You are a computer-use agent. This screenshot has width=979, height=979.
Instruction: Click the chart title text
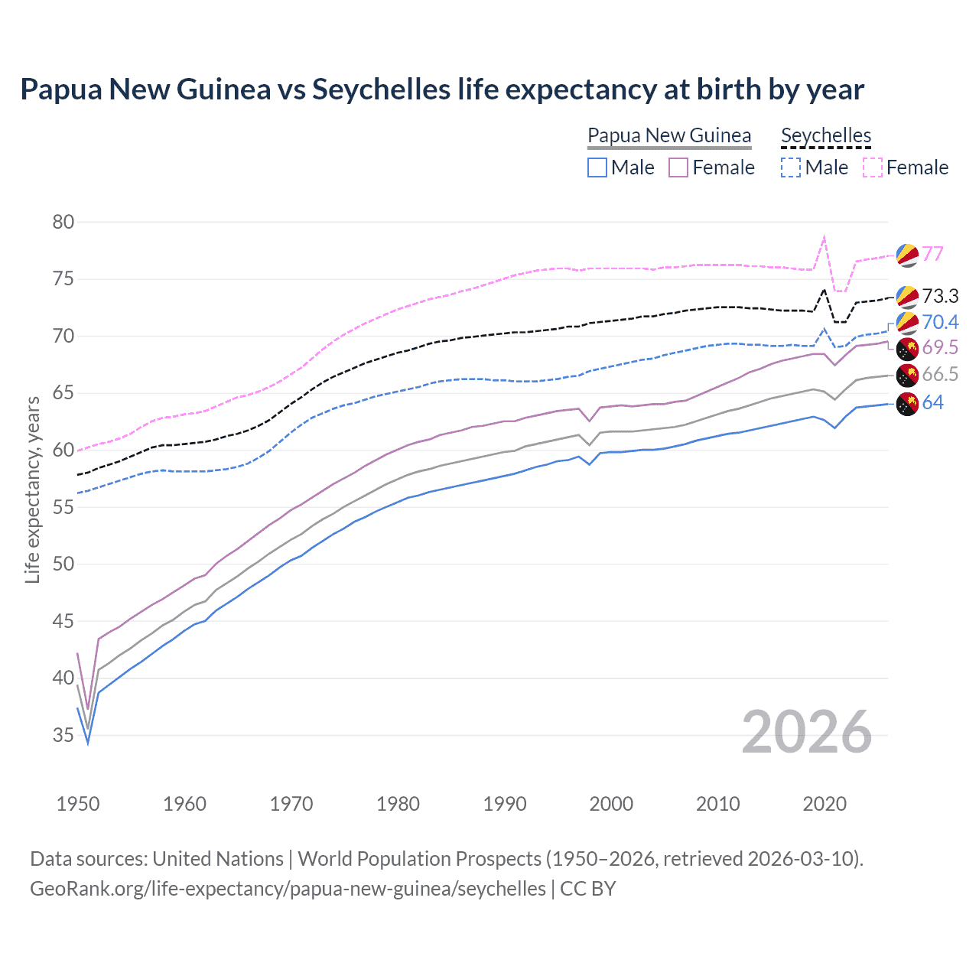tap(442, 89)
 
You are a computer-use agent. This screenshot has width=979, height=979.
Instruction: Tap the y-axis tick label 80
tap(63, 222)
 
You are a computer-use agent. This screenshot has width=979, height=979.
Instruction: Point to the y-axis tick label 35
tap(63, 735)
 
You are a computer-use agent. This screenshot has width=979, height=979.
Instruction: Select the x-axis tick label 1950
tap(78, 804)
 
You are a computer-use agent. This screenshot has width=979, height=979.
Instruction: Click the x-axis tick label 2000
tap(611, 804)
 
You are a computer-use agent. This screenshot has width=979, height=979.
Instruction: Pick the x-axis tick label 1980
tap(398, 804)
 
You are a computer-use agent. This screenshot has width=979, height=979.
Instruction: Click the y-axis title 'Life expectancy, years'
tap(32, 489)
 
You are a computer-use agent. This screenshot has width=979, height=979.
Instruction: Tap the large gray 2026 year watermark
tap(806, 732)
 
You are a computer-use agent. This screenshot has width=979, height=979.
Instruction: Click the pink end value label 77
tap(932, 254)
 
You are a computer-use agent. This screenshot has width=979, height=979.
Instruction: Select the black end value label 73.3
tap(940, 296)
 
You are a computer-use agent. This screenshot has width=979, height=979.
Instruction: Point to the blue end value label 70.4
tap(940, 322)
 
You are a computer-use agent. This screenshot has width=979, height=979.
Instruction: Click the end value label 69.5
tap(940, 347)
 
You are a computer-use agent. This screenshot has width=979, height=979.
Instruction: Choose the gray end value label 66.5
tap(940, 374)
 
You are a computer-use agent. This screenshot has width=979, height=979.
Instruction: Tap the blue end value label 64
tap(932, 402)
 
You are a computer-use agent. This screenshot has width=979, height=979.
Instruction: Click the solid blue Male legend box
tap(597, 168)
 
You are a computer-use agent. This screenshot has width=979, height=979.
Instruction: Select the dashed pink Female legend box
tap(873, 168)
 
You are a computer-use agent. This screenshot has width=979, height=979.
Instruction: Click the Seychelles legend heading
tap(826, 135)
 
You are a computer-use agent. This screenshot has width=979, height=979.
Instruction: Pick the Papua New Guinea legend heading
tap(669, 135)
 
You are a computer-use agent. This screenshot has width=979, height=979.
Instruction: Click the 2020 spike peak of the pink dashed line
tap(824, 237)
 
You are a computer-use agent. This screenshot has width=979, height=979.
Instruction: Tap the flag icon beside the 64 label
tap(907, 403)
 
